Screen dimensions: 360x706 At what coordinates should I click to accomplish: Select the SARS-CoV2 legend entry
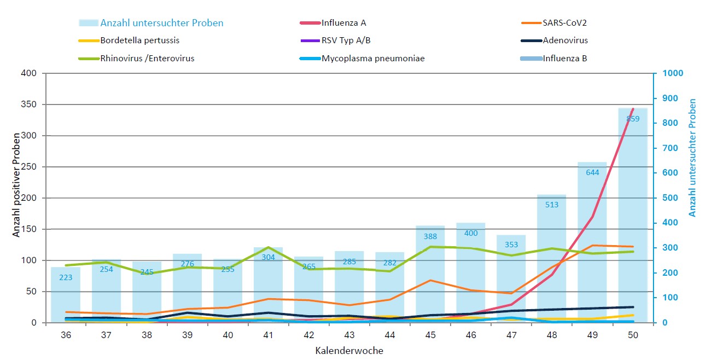[565, 23]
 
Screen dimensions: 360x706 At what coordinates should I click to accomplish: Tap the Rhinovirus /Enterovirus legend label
[147, 58]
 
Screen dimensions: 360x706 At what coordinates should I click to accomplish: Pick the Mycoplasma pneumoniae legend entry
[373, 58]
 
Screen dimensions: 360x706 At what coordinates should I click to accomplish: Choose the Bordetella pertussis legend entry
[139, 40]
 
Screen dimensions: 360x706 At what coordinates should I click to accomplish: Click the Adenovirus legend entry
[565, 40]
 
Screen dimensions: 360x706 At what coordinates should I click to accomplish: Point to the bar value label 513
[552, 205]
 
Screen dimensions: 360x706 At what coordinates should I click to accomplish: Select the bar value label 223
[66, 277]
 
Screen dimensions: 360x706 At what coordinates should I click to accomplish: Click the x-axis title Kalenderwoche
[349, 351]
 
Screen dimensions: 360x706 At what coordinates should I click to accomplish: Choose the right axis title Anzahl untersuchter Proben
[693, 158]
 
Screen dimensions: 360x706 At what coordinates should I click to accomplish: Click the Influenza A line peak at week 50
[633, 109]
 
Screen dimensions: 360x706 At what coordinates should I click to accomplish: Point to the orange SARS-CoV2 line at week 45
[430, 280]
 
